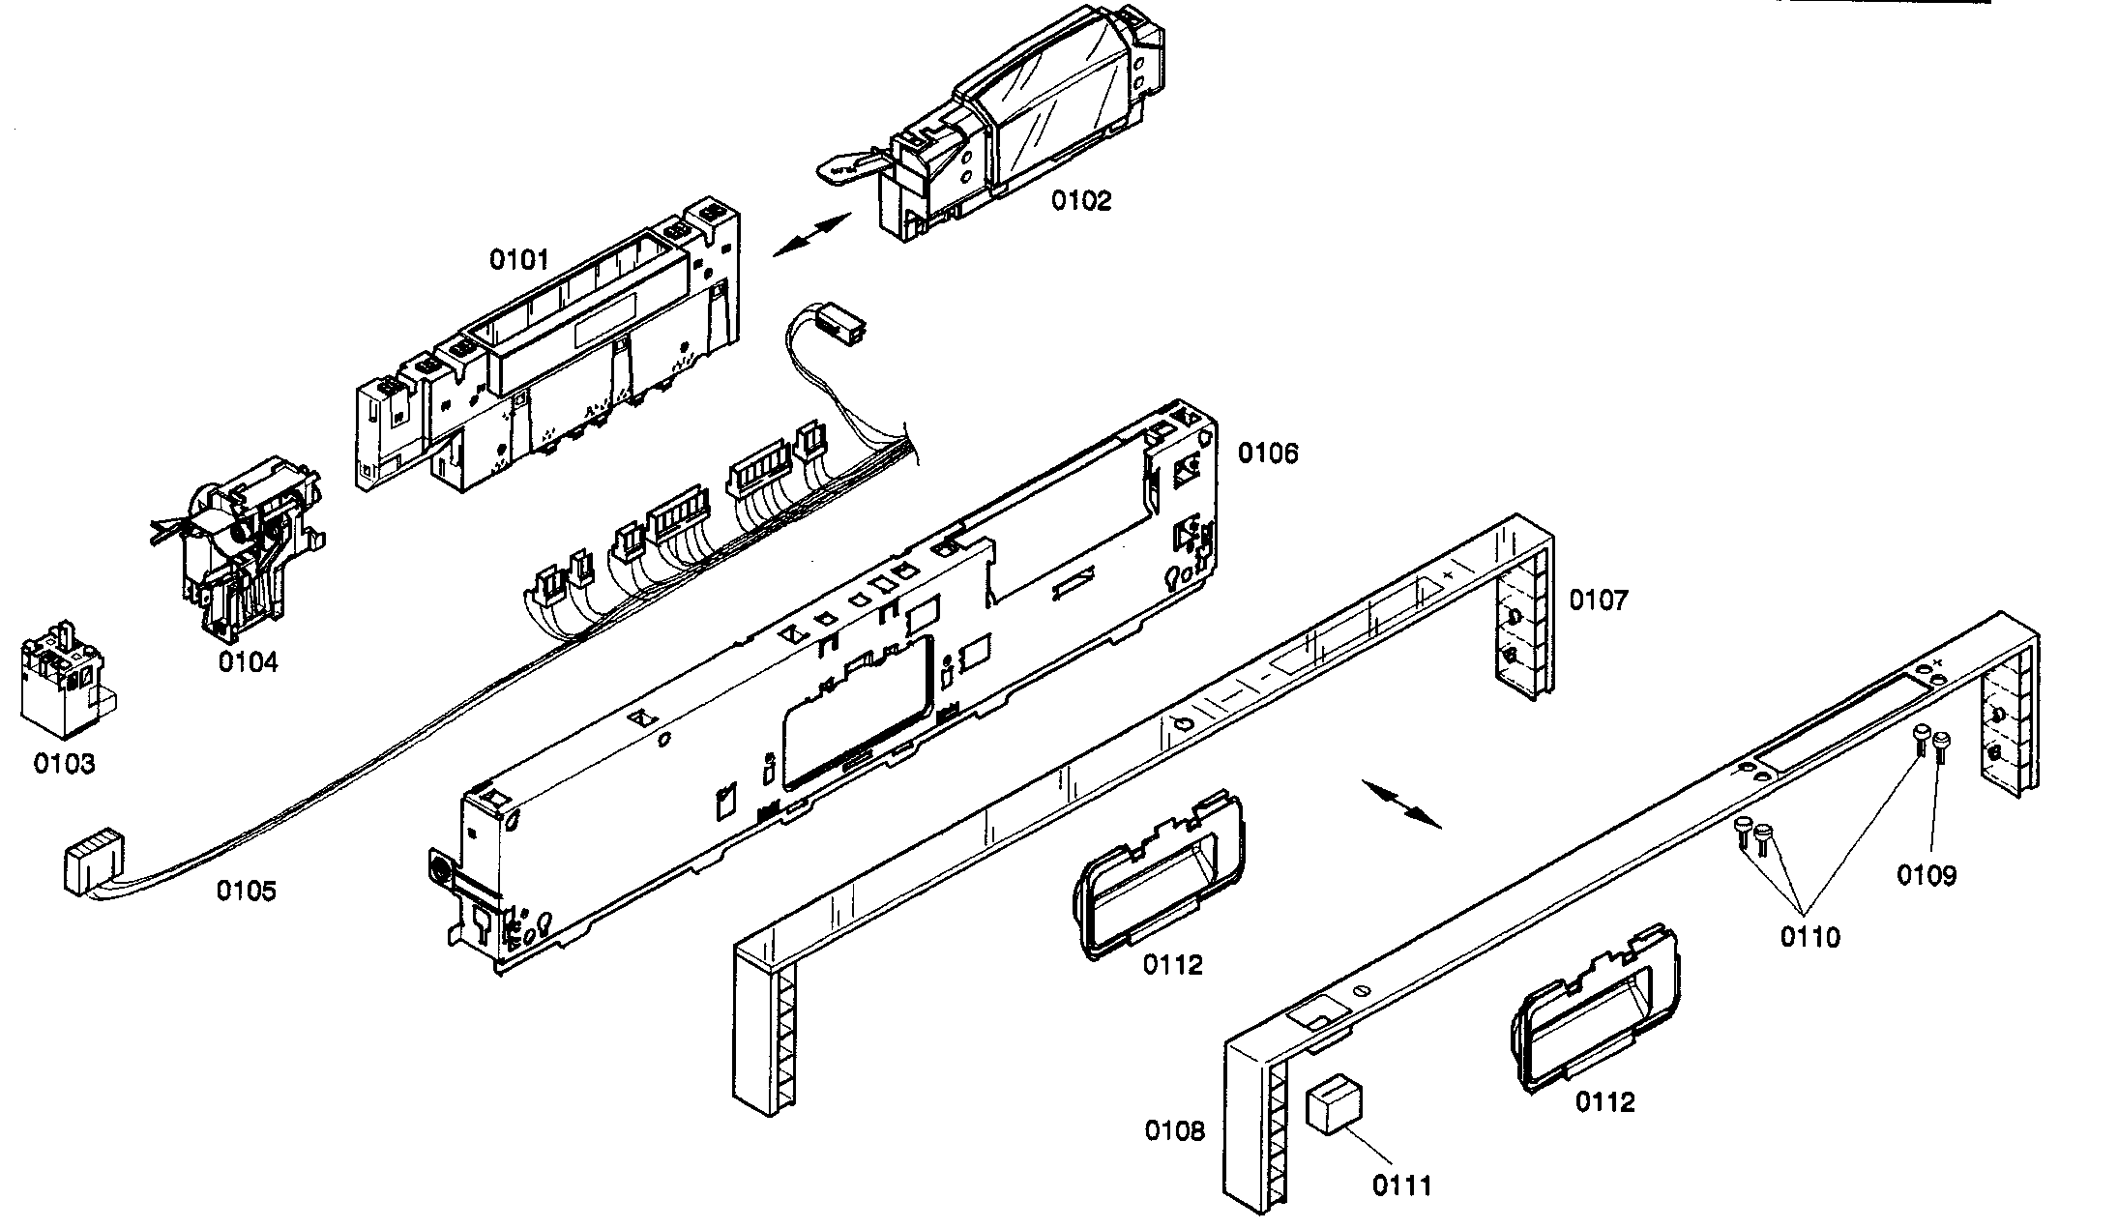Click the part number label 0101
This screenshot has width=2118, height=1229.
pos(518,259)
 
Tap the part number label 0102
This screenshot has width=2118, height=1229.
pos(1081,201)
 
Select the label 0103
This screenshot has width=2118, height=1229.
pos(65,764)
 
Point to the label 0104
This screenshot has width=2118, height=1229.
pos(248,662)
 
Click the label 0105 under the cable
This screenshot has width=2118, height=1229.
pos(246,890)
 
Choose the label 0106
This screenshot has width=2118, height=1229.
pos(1268,453)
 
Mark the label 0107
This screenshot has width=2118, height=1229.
pos(1598,600)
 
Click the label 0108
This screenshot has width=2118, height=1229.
pos(1175,1130)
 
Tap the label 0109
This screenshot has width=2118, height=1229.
pos(1926,875)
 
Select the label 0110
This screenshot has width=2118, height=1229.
pos(1810,936)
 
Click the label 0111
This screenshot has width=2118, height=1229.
pos(1402,1185)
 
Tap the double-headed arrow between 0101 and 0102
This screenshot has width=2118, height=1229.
pos(811,235)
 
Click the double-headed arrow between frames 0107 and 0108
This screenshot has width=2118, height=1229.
pos(1401,803)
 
